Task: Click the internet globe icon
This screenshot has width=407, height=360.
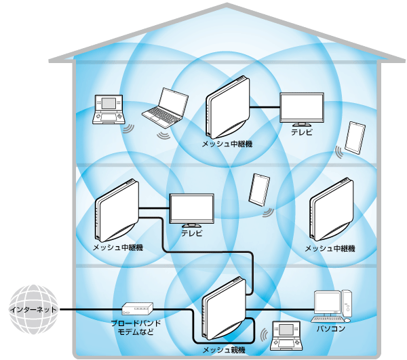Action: tap(30, 309)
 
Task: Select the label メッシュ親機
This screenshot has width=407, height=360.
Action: tap(225, 350)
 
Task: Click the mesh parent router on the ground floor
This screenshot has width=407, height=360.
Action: tap(225, 308)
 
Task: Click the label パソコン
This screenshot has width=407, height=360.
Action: tap(331, 329)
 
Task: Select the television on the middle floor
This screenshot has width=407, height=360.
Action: tap(191, 210)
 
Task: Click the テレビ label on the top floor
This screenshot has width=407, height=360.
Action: tap(302, 133)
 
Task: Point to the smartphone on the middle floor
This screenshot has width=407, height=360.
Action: tap(259, 190)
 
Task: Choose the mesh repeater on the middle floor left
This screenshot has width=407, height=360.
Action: tap(116, 212)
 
